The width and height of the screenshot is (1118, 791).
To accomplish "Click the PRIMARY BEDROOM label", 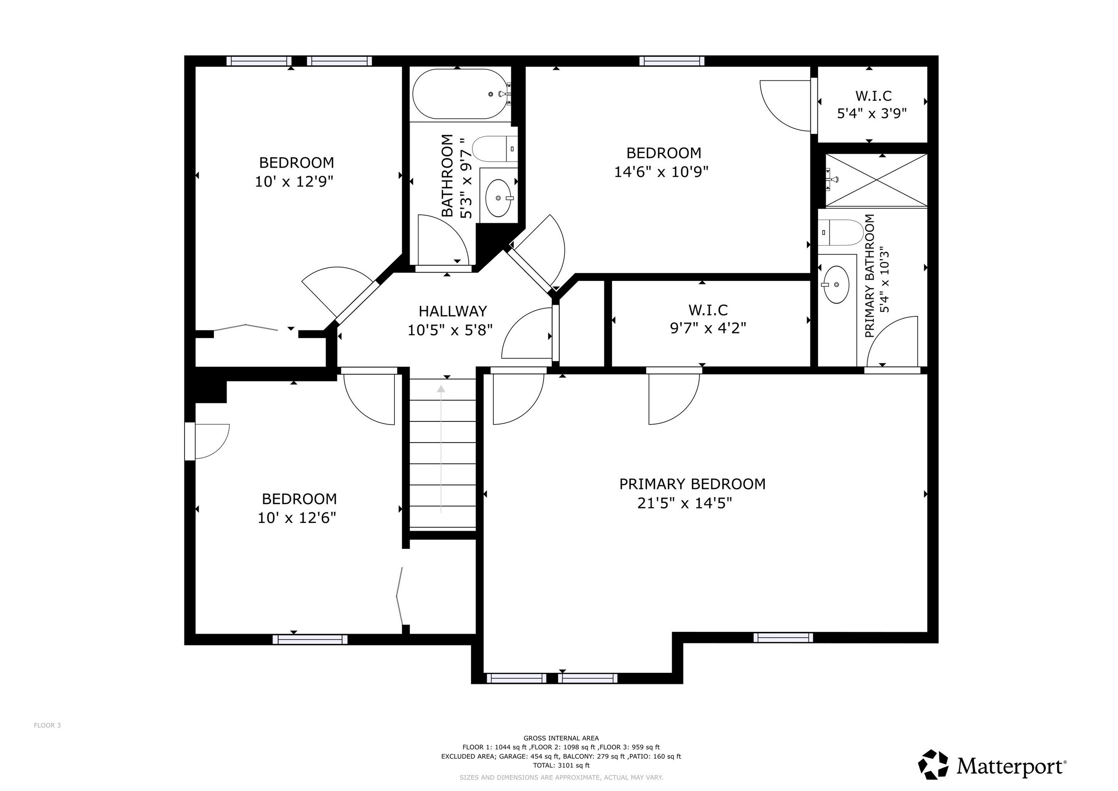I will click(692, 484).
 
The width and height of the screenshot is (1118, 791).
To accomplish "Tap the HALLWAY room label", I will click(452, 311).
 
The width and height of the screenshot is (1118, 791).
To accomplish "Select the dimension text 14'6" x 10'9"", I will click(661, 172).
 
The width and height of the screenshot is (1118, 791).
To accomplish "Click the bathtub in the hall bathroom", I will click(458, 94).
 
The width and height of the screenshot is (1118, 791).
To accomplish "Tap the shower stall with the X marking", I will click(876, 180).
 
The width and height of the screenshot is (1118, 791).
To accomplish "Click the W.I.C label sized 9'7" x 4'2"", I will click(708, 310).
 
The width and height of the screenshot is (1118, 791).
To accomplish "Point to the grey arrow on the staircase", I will click(441, 448).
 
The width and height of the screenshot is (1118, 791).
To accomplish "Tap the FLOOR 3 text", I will click(47, 725).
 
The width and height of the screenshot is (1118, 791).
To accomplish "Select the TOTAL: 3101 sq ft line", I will click(561, 766).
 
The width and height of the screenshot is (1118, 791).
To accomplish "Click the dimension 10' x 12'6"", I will click(297, 518).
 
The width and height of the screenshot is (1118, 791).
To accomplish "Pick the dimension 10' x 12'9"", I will click(294, 181).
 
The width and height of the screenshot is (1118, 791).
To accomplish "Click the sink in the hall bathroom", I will click(499, 198).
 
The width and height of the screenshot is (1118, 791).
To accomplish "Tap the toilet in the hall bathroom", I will click(494, 149).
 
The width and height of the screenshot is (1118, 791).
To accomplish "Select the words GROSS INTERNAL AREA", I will click(561, 738).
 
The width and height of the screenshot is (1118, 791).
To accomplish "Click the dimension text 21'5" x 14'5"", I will click(684, 503).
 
